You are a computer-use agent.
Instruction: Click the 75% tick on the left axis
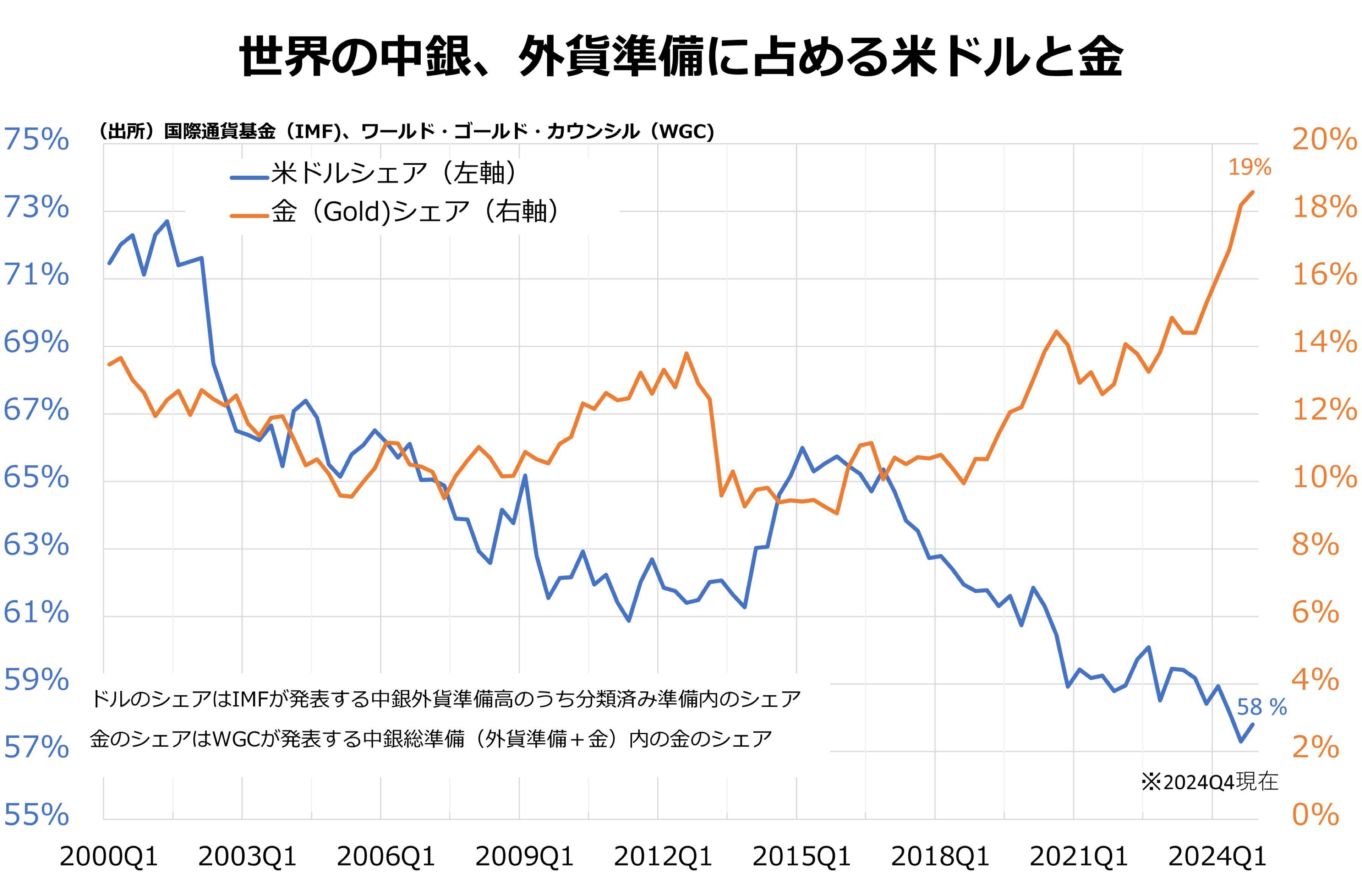(x=36, y=139)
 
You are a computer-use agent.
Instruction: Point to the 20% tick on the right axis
(x=1324, y=139)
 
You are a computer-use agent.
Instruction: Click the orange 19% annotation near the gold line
(x=1249, y=167)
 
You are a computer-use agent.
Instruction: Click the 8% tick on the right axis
(x=1315, y=544)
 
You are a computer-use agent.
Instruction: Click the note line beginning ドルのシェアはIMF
(x=445, y=699)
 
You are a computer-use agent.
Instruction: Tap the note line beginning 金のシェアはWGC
(x=430, y=739)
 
